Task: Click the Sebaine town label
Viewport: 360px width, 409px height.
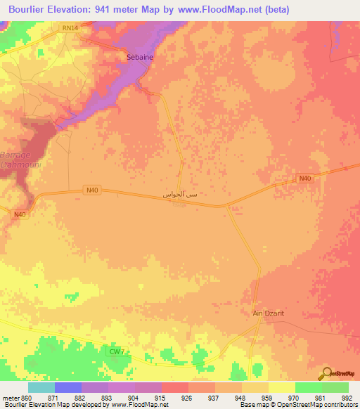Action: click(x=139, y=56)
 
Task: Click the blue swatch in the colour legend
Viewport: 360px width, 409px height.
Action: click(x=67, y=387)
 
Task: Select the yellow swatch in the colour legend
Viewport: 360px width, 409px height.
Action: click(x=281, y=387)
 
